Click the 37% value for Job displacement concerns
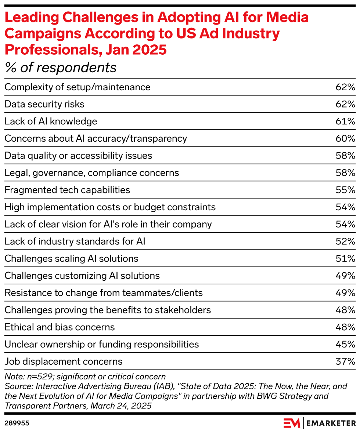click(x=345, y=361)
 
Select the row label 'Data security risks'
click(x=44, y=104)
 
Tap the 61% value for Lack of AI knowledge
click(x=345, y=121)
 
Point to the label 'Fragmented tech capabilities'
click(x=67, y=190)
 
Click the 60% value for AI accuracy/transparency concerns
click(x=345, y=139)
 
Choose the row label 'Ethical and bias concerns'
click(x=60, y=327)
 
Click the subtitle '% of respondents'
click(x=61, y=68)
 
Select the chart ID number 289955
click(x=17, y=423)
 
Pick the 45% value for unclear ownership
click(x=345, y=345)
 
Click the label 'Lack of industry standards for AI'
click(x=75, y=241)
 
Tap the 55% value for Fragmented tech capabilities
click(x=345, y=190)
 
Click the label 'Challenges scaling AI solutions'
click(x=71, y=259)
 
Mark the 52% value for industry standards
click(x=345, y=241)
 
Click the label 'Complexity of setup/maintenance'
click(x=78, y=87)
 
